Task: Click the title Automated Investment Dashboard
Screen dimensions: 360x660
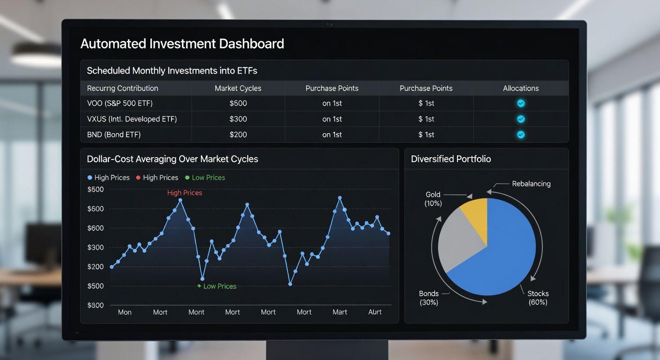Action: tap(182, 44)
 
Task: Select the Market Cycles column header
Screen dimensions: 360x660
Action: tap(238, 88)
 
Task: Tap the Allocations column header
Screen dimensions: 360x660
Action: tap(520, 88)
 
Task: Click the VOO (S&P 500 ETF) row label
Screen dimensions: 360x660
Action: tap(120, 103)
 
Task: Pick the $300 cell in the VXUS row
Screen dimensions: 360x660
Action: tap(238, 119)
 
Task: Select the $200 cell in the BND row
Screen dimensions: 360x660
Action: tap(238, 135)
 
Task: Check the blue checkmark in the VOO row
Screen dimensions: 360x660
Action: tap(520, 104)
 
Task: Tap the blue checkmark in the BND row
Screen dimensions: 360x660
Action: tap(520, 135)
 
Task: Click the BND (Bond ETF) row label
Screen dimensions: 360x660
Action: tap(114, 135)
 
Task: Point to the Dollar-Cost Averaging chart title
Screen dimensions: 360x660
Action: tap(172, 159)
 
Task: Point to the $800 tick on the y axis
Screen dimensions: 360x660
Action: tap(96, 305)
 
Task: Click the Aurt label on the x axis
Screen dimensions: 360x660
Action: tap(375, 312)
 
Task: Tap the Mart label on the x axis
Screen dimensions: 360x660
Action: tap(340, 312)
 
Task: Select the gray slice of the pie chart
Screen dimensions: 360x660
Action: tap(459, 241)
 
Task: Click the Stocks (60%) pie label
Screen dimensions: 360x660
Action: tap(538, 298)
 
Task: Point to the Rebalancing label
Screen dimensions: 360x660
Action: tap(531, 184)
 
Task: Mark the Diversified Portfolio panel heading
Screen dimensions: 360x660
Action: tap(450, 159)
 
